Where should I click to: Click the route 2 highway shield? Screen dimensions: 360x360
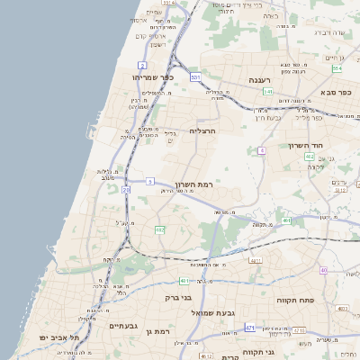coord(142,66)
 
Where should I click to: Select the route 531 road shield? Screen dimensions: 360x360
coord(195,77)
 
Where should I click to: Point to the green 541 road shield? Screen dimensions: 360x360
coord(268,92)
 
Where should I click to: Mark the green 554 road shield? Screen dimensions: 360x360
coord(337,68)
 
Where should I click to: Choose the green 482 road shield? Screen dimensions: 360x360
coord(160,230)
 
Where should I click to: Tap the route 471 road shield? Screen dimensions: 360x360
coord(249,328)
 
